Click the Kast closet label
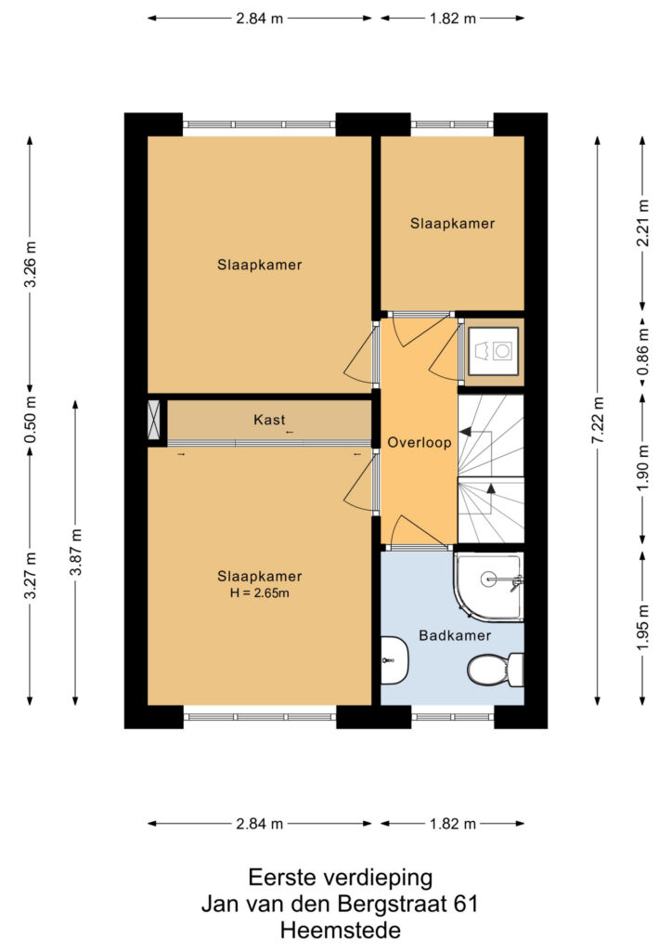click(x=269, y=420)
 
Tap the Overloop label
click(x=420, y=443)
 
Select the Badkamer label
click(x=455, y=635)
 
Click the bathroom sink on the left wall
click(x=394, y=660)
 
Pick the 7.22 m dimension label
click(x=598, y=420)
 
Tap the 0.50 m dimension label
click(x=31, y=419)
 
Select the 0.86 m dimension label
click(x=643, y=352)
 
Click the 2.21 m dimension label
click(x=643, y=223)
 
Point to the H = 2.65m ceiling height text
click(x=259, y=593)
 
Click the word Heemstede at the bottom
click(x=341, y=930)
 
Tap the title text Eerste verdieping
click(x=341, y=878)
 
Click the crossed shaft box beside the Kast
click(x=154, y=419)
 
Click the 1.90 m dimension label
click(x=643, y=468)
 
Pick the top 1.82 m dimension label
click(x=453, y=19)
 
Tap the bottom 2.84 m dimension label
click(x=259, y=824)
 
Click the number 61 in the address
click(x=465, y=905)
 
